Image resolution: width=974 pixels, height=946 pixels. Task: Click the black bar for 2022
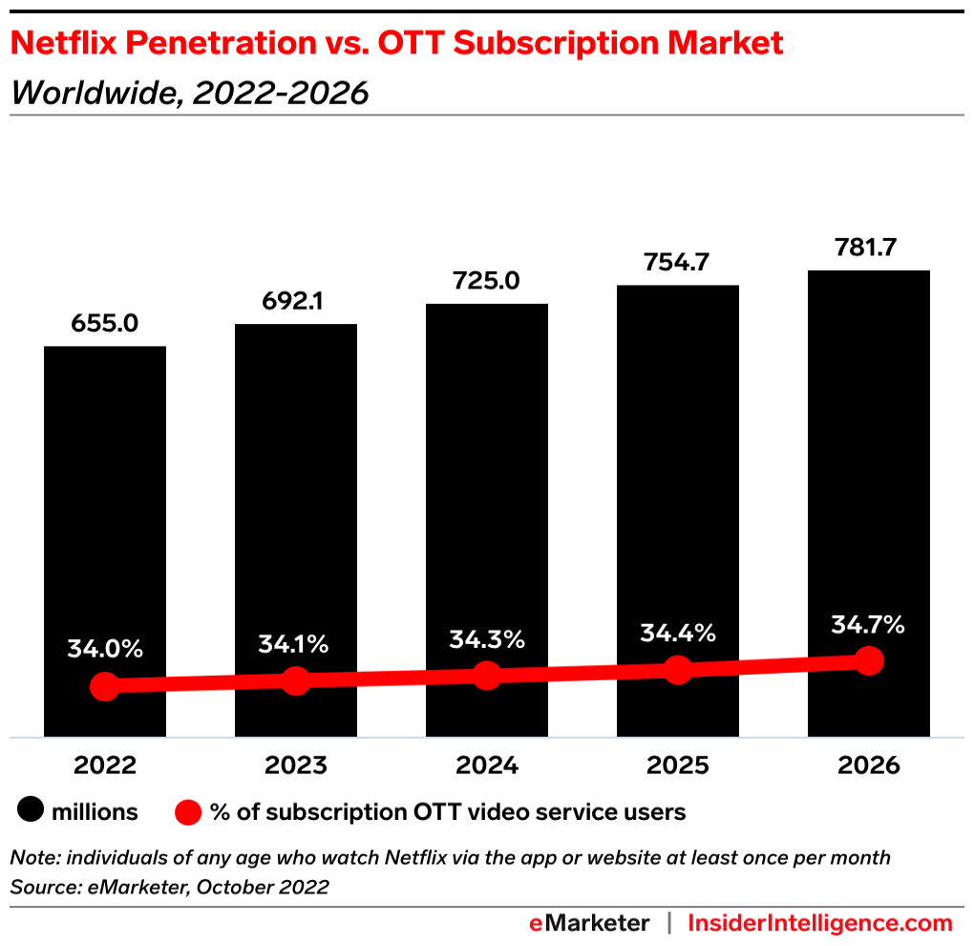coord(105,516)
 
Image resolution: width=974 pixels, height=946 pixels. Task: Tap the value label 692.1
coord(296,302)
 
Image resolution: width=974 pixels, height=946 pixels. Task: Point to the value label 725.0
coord(487,282)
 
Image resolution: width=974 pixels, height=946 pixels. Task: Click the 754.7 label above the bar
coord(677,263)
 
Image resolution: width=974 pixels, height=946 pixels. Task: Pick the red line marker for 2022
coord(105,686)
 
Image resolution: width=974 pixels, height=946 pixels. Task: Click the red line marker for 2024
coord(487,675)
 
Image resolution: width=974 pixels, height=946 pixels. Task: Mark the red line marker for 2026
coord(868,660)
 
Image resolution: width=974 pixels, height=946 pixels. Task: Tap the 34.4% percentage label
coord(678,633)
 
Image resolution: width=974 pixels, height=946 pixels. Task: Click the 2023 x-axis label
coord(296,765)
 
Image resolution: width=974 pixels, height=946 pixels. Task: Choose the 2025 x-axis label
coord(677,765)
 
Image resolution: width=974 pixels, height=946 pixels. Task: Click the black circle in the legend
coord(32,812)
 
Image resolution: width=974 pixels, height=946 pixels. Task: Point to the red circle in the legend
coord(189,812)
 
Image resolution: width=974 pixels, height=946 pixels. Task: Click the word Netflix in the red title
coord(69,43)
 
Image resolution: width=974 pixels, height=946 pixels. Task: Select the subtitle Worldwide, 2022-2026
coord(189,93)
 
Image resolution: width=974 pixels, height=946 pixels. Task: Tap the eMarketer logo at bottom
coord(589,923)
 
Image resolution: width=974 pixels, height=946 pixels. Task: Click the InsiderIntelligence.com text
coord(820,923)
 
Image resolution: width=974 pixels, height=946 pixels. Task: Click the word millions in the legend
coord(95,812)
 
